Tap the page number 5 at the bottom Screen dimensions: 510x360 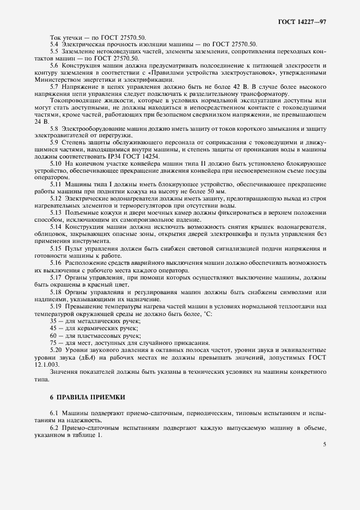tap(325, 444)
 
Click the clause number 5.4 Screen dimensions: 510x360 tap(54, 44)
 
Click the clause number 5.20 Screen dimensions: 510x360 tap(56, 348)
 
